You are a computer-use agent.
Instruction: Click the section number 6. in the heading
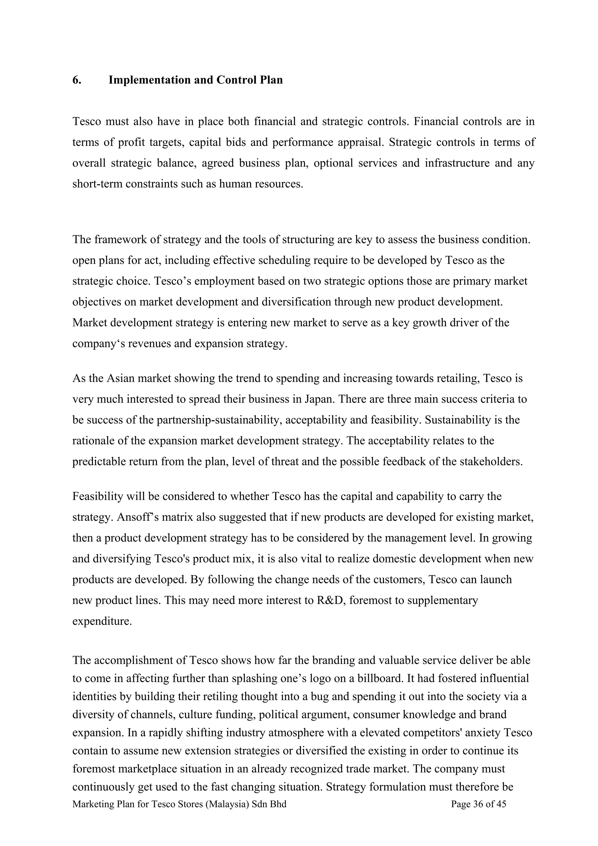point(77,80)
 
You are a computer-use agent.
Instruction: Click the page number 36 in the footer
point(478,804)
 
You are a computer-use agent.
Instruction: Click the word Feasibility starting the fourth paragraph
point(98,496)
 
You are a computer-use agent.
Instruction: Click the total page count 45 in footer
point(501,804)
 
